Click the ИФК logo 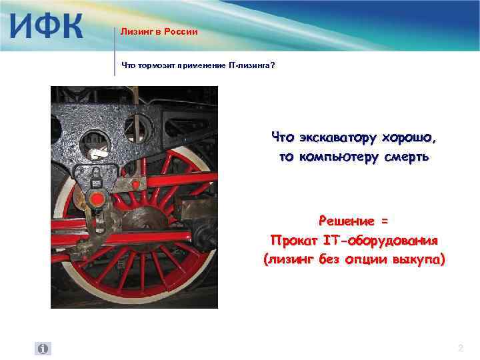(x=47, y=27)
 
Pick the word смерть (x=405, y=157)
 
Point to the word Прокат (x=291, y=239)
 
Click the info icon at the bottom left (x=43, y=349)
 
